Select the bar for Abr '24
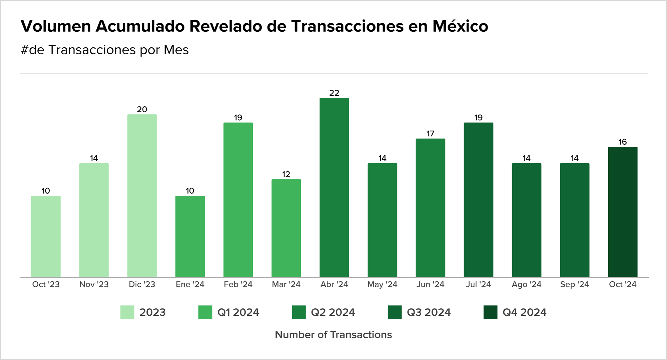(334, 187)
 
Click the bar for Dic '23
(142, 196)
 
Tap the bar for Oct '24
(623, 212)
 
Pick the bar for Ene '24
(190, 236)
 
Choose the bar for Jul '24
(479, 200)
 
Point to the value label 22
(334, 93)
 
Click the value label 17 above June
(431, 134)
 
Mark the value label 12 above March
(286, 174)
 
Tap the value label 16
(623, 142)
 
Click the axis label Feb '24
(238, 284)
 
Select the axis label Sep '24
(575, 284)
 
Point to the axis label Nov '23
(94, 284)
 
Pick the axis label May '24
(383, 285)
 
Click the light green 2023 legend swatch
(127, 312)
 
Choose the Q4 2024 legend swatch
(491, 312)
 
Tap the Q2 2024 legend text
(333, 312)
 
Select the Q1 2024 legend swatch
(205, 312)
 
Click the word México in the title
(460, 26)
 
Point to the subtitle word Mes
(176, 50)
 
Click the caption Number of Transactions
(333, 335)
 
